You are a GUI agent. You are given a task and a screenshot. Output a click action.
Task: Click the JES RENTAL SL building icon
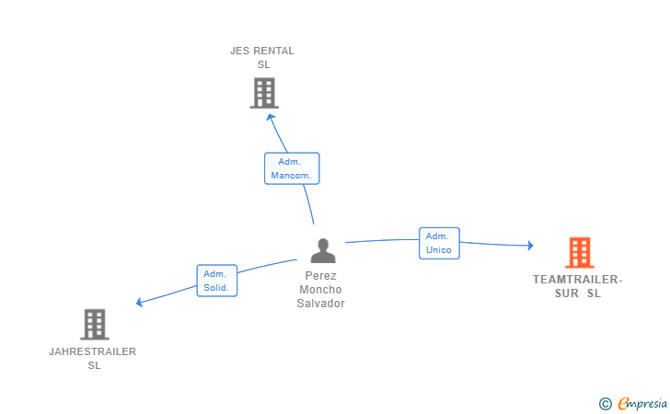(264, 93)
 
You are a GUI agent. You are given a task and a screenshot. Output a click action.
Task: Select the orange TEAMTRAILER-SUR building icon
(580, 252)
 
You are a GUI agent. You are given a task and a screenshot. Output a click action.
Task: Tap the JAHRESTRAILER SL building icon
(95, 324)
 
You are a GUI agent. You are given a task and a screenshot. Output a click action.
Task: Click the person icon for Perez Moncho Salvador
(323, 251)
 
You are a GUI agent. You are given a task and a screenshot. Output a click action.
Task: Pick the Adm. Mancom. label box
(292, 168)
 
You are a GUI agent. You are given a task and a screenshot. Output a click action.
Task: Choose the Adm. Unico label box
(439, 243)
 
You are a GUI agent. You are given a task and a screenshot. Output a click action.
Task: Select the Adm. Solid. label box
(217, 281)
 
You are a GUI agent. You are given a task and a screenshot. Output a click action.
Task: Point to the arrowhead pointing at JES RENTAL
(270, 118)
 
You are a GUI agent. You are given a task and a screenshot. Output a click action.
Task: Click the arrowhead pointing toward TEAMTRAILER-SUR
(531, 246)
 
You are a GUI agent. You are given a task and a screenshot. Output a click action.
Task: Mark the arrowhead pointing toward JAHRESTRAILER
(139, 302)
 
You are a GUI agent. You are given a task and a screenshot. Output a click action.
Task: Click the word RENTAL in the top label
(274, 51)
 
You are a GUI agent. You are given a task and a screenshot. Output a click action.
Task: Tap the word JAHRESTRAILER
(93, 351)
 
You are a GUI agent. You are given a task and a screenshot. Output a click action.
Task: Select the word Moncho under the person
(320, 290)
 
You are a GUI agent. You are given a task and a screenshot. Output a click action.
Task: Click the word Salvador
(321, 304)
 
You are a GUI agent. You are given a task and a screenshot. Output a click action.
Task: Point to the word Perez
(320, 276)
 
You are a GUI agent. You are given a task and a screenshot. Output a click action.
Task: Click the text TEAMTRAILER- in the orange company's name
(578, 280)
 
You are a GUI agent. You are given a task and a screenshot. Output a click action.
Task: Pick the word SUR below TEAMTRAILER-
(567, 293)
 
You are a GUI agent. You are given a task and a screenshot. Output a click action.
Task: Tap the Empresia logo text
(642, 403)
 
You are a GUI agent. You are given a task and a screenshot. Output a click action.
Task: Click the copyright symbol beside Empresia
(606, 404)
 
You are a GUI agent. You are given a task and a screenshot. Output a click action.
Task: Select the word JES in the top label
(239, 51)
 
